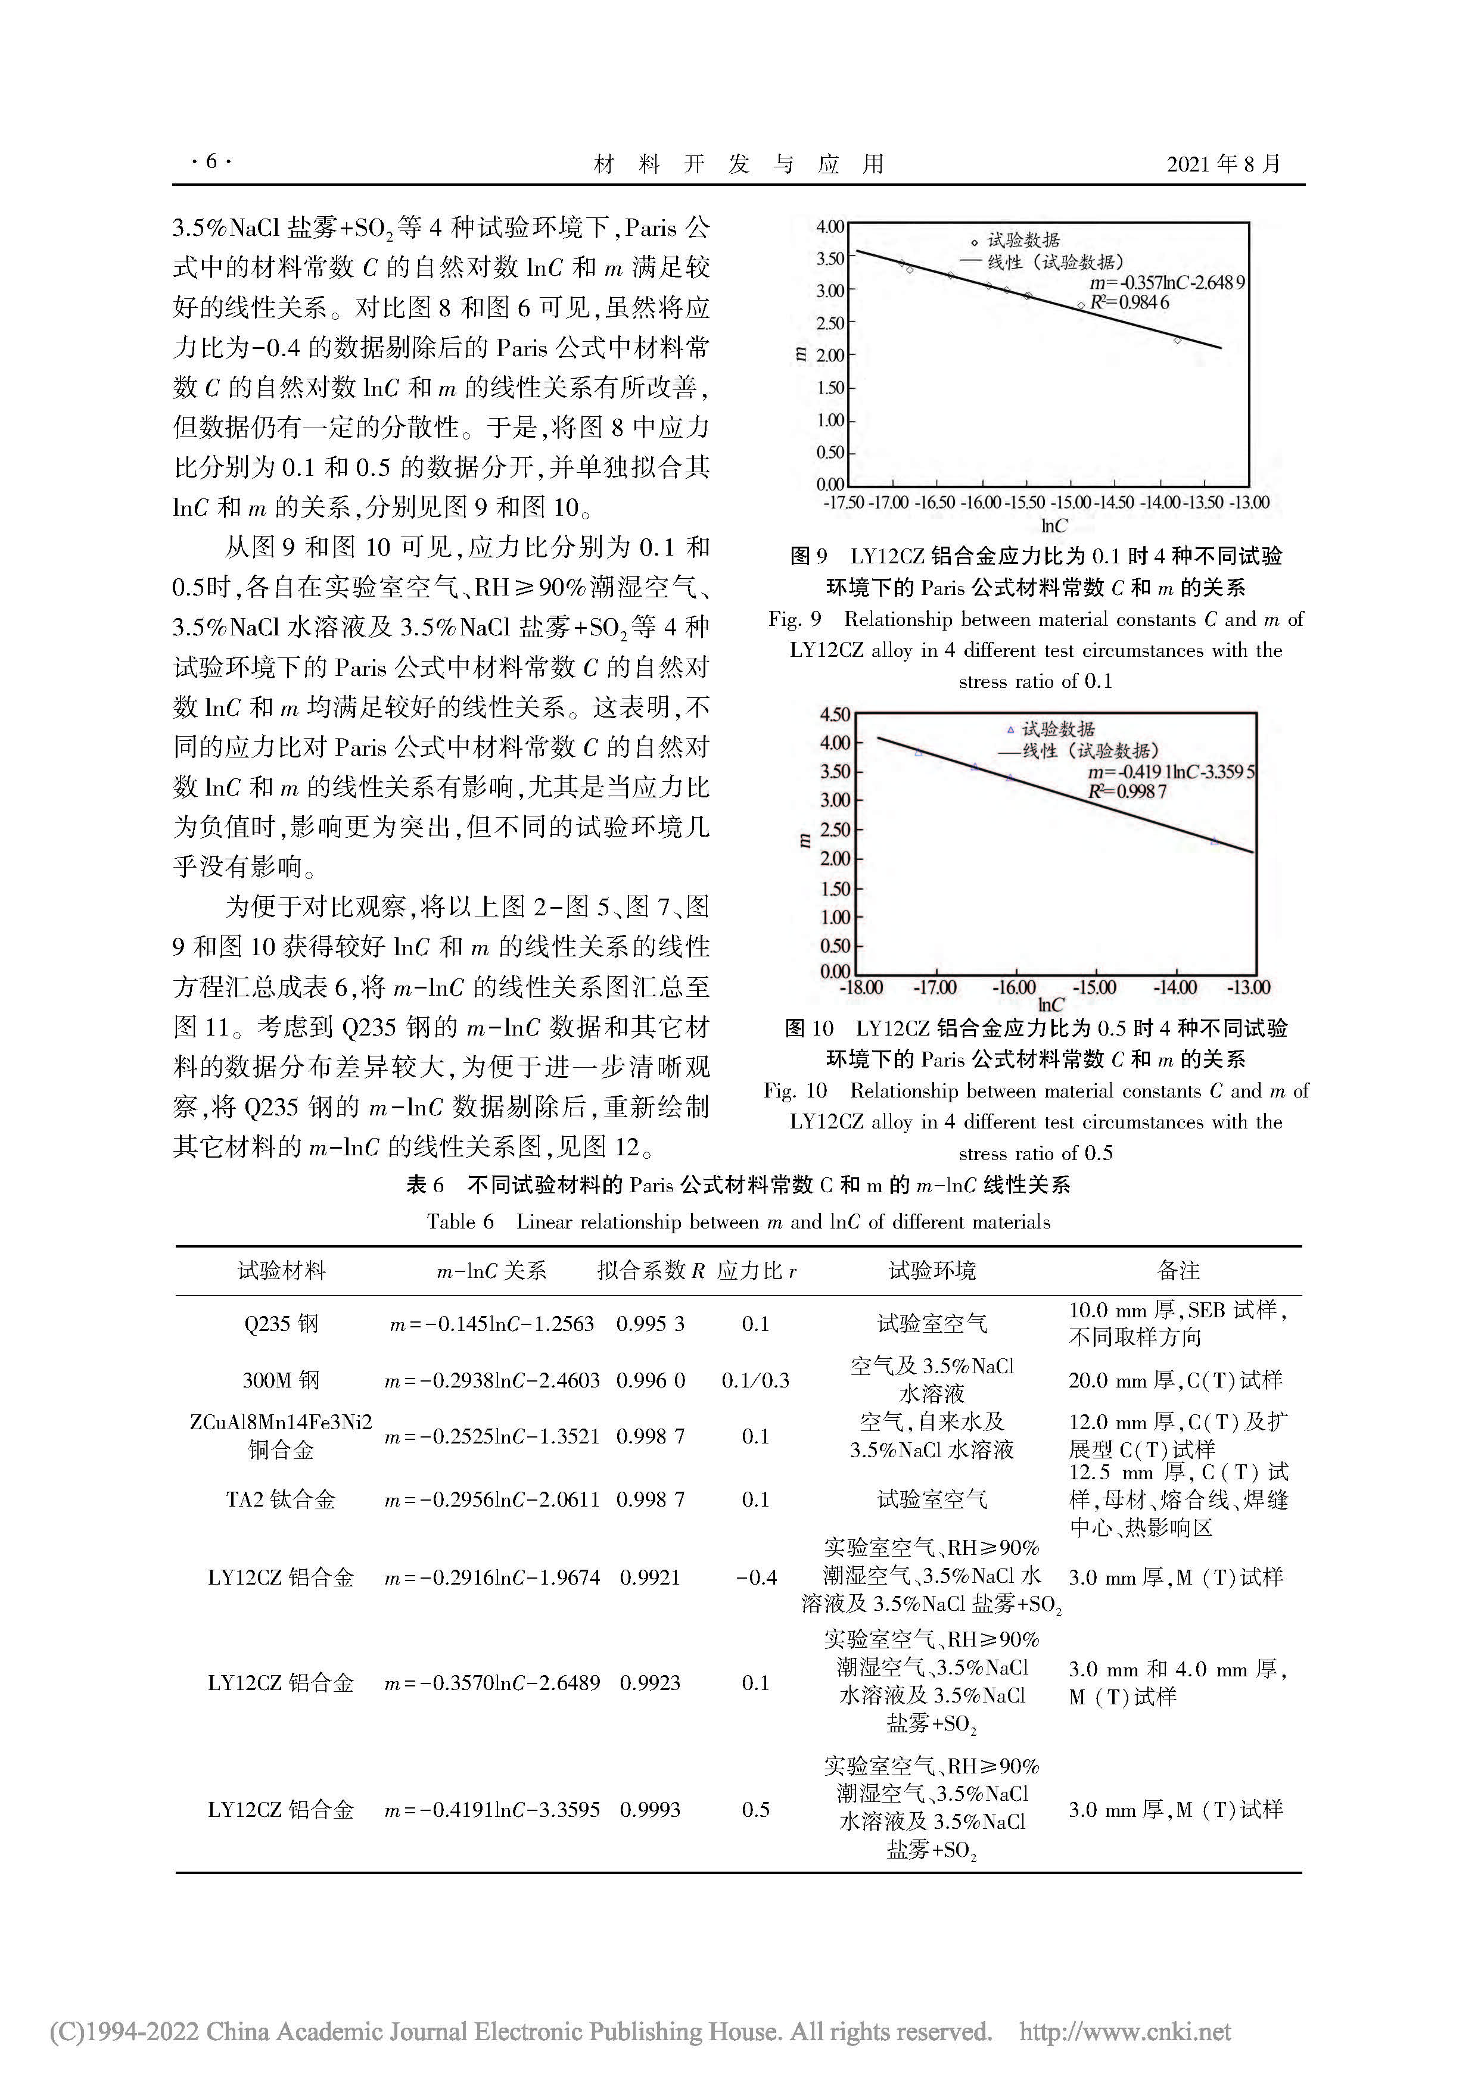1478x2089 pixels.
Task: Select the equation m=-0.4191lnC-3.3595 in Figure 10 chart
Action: (1171, 772)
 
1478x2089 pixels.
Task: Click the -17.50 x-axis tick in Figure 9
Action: (844, 502)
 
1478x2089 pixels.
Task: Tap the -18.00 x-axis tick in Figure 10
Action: (860, 987)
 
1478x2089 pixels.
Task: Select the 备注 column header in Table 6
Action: (1178, 1270)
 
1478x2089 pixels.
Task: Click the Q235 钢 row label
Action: (281, 1324)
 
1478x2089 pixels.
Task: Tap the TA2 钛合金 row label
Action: (281, 1499)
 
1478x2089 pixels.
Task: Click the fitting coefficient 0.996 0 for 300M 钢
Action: (650, 1380)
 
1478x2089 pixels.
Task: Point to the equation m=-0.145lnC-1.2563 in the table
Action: (491, 1324)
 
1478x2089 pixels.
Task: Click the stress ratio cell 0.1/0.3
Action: (755, 1380)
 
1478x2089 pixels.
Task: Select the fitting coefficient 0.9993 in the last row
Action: (650, 1810)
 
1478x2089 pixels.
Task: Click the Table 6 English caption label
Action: (738, 1222)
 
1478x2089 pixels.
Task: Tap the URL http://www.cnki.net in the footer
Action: (1125, 2032)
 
